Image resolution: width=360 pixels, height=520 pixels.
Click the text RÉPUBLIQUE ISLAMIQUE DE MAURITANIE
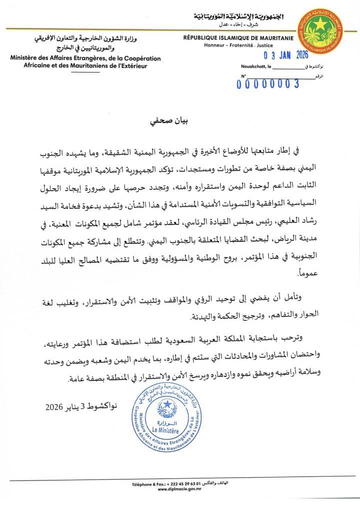[x=238, y=38]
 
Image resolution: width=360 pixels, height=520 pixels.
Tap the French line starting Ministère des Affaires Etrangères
[x=85, y=59]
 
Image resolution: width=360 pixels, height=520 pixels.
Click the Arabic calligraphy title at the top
[x=238, y=17]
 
